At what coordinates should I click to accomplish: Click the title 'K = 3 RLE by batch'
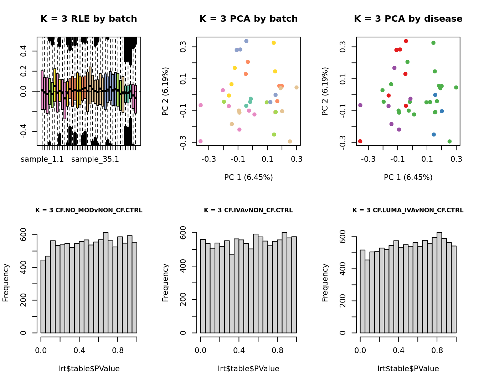coord(89,19)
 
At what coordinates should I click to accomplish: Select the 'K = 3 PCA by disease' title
coord(408,19)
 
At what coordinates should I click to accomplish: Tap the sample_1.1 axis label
coord(42,159)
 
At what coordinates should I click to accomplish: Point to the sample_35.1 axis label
coord(95,159)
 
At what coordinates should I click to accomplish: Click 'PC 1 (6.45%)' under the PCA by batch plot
coord(248,177)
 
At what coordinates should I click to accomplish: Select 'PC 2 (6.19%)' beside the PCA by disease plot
coord(325,91)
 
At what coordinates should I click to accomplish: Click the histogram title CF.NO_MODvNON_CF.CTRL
coord(89,210)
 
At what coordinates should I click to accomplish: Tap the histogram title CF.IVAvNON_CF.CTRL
coord(248,210)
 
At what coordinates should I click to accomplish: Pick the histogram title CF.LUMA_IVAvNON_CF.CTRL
coord(408,210)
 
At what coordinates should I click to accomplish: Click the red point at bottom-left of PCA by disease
coord(360,141)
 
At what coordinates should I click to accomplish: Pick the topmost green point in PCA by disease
coord(433,43)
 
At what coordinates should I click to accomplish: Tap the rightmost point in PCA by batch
coord(297,87)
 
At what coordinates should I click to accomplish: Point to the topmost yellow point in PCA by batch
coord(274,43)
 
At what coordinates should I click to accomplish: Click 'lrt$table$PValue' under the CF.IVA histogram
coord(248,369)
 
